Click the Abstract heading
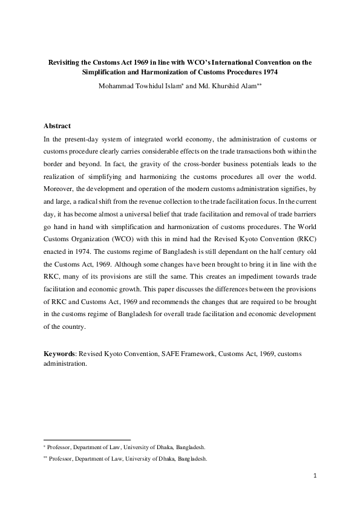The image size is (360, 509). click(57, 126)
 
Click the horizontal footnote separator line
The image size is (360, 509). click(87, 440)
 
